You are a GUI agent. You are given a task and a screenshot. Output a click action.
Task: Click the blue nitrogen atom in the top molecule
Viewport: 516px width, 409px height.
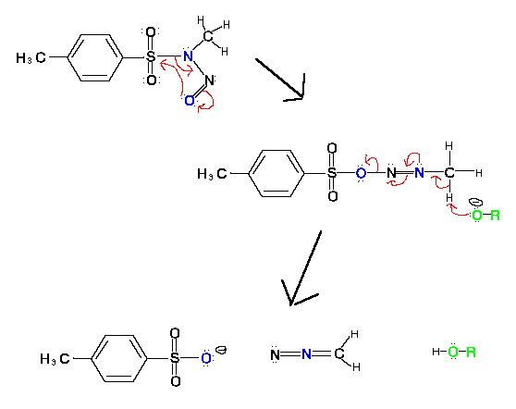coord(188,56)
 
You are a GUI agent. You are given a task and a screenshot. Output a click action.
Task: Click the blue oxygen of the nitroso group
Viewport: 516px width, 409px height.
coord(190,100)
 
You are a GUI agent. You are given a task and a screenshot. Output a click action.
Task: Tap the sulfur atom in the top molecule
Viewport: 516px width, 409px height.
coord(151,56)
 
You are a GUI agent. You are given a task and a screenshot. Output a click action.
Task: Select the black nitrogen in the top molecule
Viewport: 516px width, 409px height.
coord(209,80)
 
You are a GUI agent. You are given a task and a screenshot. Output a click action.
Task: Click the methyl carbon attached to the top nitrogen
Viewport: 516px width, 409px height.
coord(208,36)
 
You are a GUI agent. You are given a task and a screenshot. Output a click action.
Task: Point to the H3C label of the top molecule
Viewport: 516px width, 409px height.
coord(31,57)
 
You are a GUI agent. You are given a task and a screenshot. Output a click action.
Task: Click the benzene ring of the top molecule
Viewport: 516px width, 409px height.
coord(94,57)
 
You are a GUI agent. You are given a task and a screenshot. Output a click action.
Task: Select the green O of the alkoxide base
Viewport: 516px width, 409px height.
coord(477,216)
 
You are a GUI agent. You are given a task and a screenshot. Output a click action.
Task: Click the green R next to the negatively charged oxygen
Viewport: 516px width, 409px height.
coord(495,216)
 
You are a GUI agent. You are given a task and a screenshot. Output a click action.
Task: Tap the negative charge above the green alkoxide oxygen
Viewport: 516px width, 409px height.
coord(475,202)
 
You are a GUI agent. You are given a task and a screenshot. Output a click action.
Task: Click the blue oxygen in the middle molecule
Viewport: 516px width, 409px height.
coord(361,173)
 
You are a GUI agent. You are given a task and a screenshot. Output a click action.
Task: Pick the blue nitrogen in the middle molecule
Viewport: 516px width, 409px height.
coord(419,172)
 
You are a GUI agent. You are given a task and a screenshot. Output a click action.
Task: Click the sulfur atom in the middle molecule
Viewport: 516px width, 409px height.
coord(332,172)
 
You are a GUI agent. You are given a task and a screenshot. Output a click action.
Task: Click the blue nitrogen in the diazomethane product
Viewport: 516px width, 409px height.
coord(306,354)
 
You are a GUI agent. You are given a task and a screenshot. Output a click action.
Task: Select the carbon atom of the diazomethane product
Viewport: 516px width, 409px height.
coord(339,354)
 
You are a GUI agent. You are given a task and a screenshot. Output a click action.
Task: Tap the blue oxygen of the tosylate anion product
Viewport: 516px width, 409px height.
coord(206,358)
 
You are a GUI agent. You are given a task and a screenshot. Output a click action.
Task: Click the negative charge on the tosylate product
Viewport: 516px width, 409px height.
coord(221,350)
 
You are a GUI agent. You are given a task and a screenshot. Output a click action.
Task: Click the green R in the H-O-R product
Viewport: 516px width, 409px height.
coord(471,352)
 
